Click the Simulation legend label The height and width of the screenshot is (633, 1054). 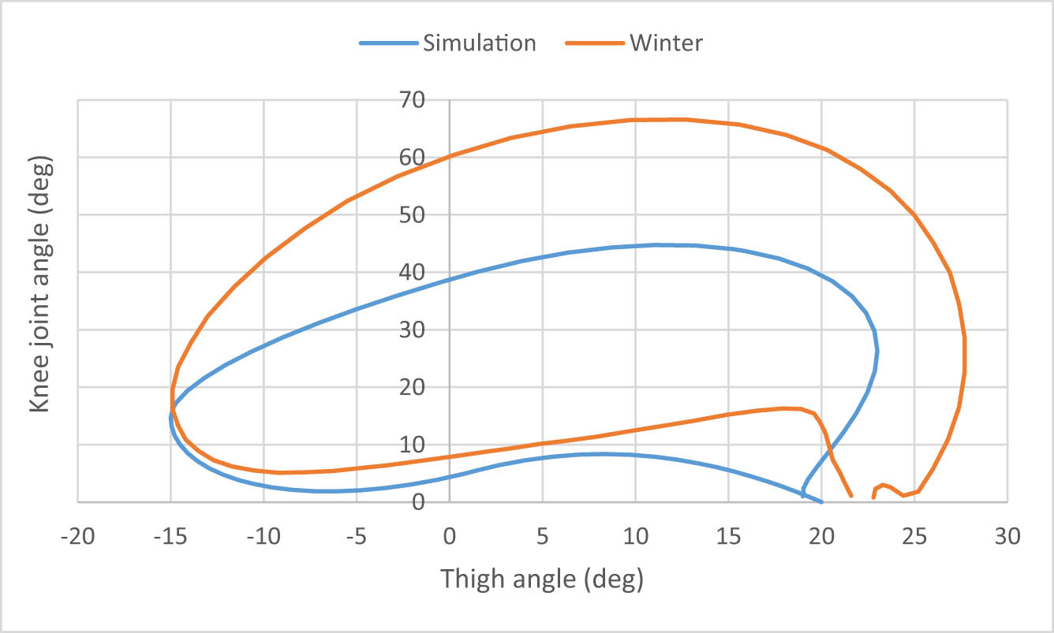(x=479, y=43)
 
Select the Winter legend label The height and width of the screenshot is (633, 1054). (x=666, y=43)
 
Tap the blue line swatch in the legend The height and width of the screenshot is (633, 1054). (x=389, y=43)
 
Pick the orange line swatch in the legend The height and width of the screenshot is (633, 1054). (x=596, y=43)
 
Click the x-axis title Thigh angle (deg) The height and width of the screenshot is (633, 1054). (x=542, y=580)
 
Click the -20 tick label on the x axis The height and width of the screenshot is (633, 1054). (x=77, y=537)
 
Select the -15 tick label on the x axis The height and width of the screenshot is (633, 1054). (x=170, y=537)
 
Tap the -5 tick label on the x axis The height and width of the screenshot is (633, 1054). (x=357, y=537)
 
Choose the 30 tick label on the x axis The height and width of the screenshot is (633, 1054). (x=1007, y=537)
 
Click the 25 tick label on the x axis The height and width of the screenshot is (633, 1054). (x=914, y=537)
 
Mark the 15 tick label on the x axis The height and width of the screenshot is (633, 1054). (x=728, y=537)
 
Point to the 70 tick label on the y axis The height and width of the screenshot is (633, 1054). (x=412, y=100)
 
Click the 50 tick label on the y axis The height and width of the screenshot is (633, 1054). (x=412, y=215)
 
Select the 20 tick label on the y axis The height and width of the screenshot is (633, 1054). (x=412, y=387)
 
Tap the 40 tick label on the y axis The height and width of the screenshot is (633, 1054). (x=412, y=272)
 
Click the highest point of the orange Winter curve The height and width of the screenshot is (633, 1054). (x=663, y=119)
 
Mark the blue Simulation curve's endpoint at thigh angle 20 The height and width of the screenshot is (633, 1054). (x=821, y=502)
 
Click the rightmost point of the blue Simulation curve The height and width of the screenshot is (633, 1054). (x=877, y=352)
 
